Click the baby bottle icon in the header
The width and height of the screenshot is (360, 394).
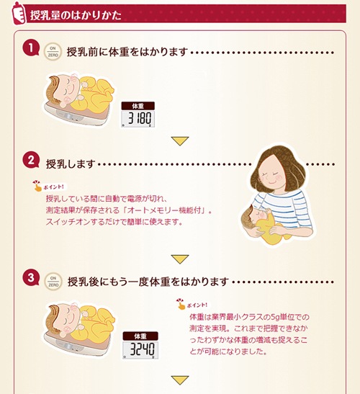[x=19, y=13]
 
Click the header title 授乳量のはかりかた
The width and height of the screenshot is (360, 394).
[x=76, y=15]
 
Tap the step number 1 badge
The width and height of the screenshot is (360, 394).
[x=31, y=48]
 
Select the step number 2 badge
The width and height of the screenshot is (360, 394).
[x=31, y=160]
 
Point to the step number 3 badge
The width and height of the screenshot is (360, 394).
[x=31, y=277]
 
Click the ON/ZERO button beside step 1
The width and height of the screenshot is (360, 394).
[x=53, y=52]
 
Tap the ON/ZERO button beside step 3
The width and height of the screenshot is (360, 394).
[x=53, y=282]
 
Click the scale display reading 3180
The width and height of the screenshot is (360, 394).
[x=138, y=118]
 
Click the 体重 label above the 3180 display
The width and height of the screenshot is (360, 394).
[x=138, y=106]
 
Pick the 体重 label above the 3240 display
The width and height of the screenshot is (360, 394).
[x=140, y=336]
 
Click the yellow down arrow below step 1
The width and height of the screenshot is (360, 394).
[x=180, y=141]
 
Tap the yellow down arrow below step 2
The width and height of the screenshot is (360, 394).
[x=180, y=259]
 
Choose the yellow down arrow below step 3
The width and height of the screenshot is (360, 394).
[x=180, y=380]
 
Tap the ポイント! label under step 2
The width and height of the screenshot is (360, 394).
[x=50, y=186]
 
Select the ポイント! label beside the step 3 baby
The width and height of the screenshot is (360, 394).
[x=193, y=305]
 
